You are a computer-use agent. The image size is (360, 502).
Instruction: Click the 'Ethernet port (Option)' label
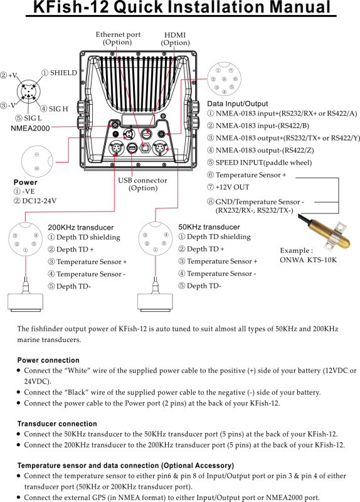tap(118, 38)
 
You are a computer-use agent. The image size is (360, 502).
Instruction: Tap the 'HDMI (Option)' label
tap(175, 39)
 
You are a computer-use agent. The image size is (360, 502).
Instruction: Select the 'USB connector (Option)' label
tap(143, 184)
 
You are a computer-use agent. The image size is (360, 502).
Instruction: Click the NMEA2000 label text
tap(30, 129)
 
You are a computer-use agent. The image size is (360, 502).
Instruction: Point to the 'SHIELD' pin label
tap(64, 73)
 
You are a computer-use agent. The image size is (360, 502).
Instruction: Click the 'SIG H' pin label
tap(58, 109)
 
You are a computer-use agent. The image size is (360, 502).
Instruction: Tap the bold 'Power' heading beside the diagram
tap(25, 182)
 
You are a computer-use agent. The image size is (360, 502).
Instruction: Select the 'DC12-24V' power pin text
tap(39, 201)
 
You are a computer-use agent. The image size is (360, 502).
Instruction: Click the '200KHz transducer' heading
tap(81, 228)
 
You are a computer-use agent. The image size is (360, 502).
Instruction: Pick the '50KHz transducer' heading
tap(209, 227)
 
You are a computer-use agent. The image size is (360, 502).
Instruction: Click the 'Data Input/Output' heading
tap(238, 104)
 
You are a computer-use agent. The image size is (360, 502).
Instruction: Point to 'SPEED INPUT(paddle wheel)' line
tap(263, 163)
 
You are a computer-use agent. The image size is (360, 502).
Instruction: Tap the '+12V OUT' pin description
tap(232, 187)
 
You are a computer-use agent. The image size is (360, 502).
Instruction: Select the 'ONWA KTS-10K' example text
tap(309, 260)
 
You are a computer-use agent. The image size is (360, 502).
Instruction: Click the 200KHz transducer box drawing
tap(25, 302)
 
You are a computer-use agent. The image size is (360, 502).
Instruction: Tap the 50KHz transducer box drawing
tap(155, 302)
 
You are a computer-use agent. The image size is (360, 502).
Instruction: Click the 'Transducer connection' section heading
tap(57, 424)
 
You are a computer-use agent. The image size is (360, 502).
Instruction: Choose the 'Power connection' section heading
tap(48, 360)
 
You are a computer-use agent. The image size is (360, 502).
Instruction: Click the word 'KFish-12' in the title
tap(71, 7)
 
